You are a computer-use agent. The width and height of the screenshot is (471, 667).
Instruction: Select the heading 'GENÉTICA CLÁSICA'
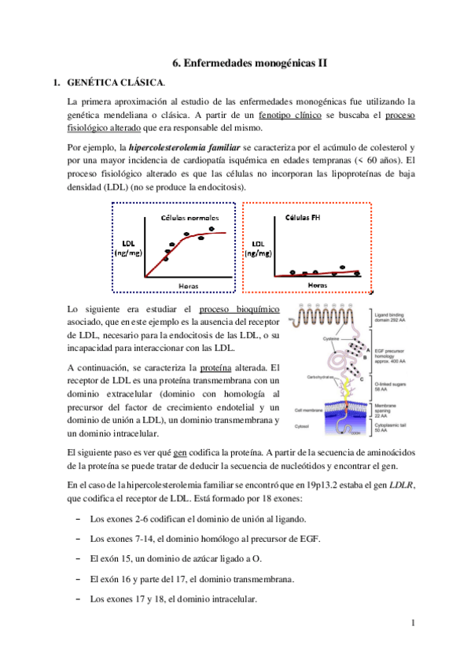tap(116, 83)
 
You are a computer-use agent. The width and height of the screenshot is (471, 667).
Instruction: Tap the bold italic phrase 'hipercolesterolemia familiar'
tap(152, 148)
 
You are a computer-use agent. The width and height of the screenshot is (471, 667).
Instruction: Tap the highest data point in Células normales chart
tap(213, 228)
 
